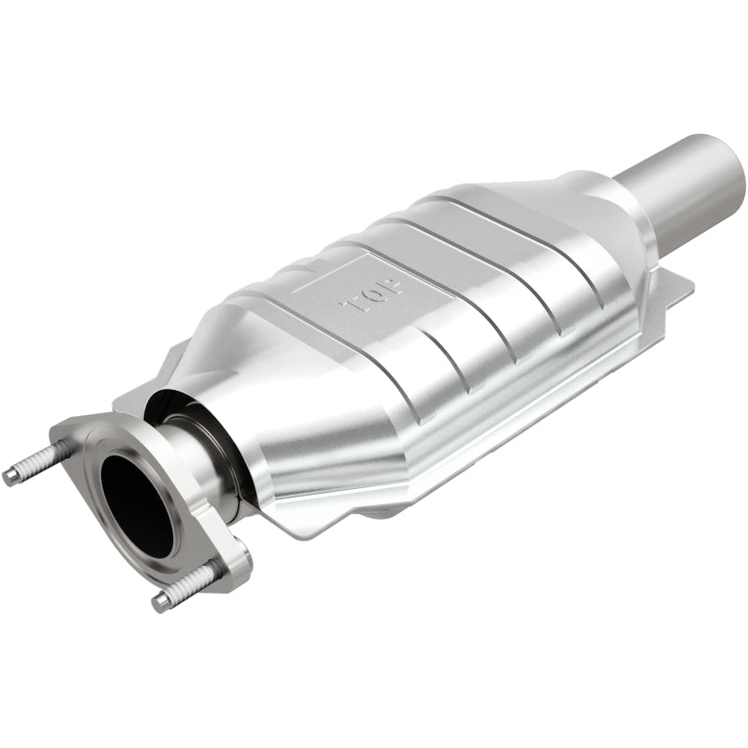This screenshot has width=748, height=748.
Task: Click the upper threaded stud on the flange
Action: (x=37, y=463)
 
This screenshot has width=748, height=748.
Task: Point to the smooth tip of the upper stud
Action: (x=11, y=477)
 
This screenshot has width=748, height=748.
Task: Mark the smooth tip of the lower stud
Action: (x=161, y=602)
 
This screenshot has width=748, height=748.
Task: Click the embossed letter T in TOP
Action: (x=353, y=305)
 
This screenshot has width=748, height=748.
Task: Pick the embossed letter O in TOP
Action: (x=369, y=292)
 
